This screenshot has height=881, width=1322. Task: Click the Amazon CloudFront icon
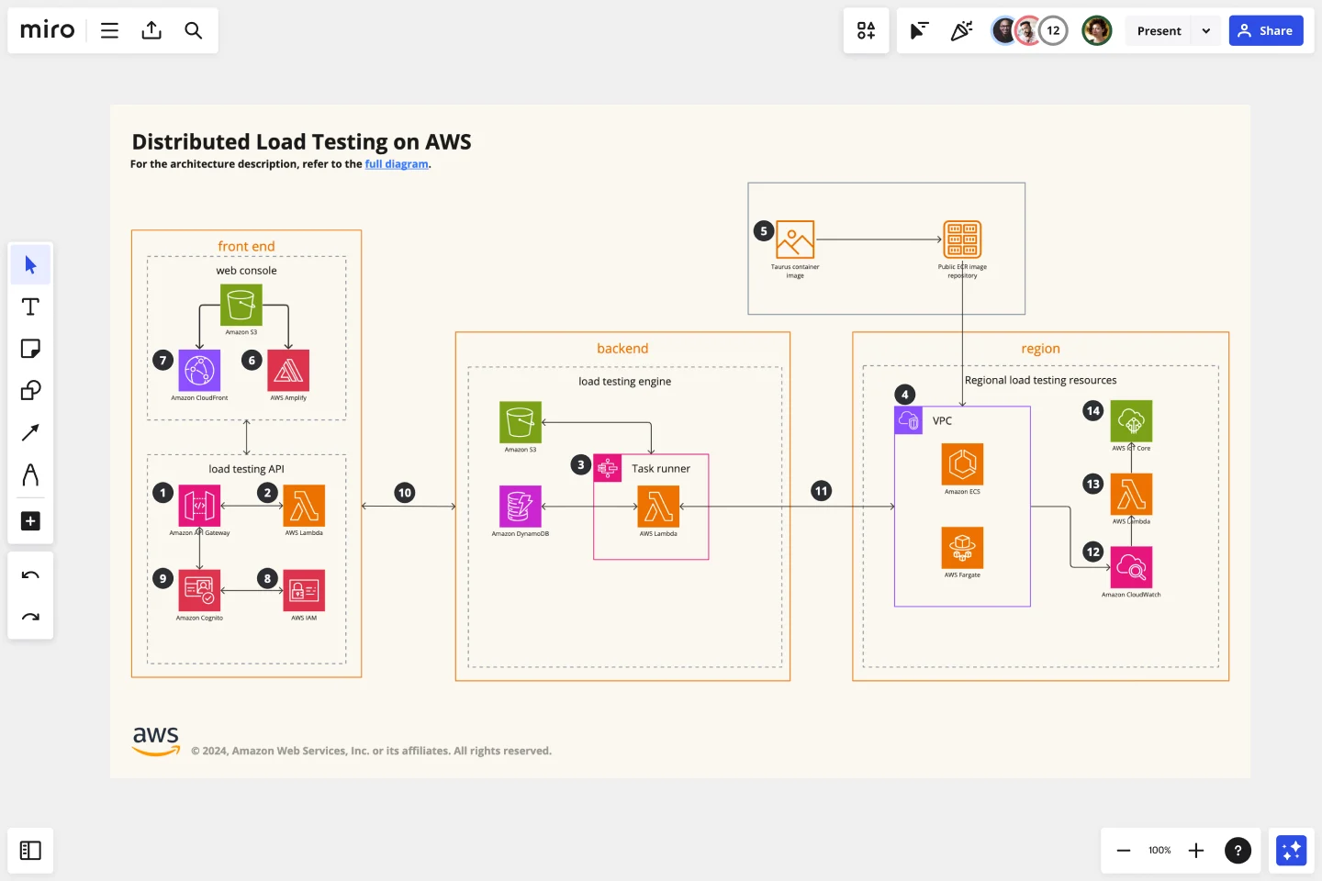point(199,371)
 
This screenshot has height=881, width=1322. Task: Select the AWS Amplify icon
point(288,371)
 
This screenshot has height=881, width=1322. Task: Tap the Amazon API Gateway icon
point(199,506)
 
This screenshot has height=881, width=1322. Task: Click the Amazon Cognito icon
point(199,591)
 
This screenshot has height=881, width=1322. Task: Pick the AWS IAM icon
point(304,591)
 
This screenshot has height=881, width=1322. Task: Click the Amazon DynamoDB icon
point(521,507)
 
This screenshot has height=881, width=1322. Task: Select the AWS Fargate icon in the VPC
point(962,548)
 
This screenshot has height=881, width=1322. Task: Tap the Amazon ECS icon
point(962,464)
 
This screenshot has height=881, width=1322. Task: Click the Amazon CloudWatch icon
point(1131,567)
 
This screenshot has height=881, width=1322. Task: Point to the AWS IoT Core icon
point(1131,421)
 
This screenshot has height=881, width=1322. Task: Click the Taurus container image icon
point(795,240)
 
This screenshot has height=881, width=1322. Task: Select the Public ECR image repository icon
point(962,240)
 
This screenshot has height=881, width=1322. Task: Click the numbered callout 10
point(405,493)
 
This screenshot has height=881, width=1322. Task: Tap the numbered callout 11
point(822,491)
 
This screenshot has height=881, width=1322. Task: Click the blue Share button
point(1266,30)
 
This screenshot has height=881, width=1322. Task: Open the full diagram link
point(397,164)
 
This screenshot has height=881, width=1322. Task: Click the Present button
point(1159,30)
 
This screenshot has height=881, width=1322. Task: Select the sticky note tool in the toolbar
point(30,349)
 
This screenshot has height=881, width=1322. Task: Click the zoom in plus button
point(1196,851)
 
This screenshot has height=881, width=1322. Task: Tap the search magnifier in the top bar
point(193,30)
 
